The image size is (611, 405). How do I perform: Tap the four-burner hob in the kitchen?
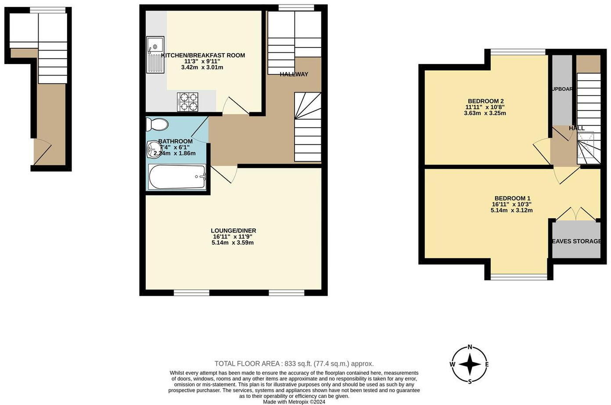[187, 102]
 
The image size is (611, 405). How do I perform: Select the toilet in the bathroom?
[157, 125]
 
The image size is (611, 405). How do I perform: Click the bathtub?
[177, 177]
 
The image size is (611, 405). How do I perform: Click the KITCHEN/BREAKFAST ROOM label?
[203, 55]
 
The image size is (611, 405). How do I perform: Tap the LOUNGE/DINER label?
[233, 230]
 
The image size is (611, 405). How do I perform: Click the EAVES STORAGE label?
[576, 241]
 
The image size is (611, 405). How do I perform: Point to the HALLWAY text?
[294, 74]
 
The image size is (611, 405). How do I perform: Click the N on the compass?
[470, 347]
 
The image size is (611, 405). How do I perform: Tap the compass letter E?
[487, 364]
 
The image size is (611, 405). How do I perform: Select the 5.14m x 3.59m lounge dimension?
[233, 243]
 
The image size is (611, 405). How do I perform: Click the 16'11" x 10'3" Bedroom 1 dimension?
[512, 204]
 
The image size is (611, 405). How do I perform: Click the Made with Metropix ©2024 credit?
[294, 401]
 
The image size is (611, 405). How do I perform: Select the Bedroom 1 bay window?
[519, 276]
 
